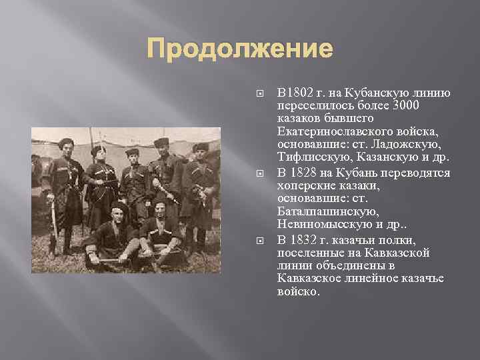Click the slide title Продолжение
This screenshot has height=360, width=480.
coord(239,49)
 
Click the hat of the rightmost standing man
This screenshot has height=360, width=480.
coord(201,147)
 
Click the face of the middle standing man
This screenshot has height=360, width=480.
coord(133,159)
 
